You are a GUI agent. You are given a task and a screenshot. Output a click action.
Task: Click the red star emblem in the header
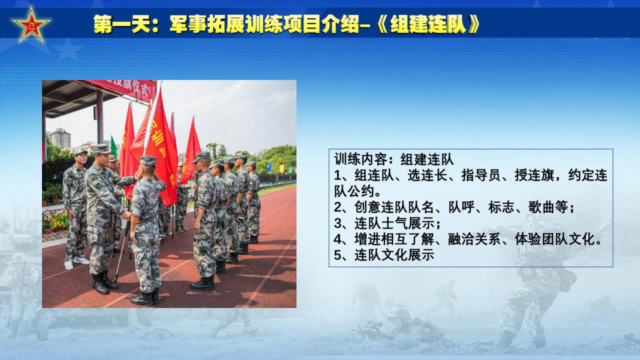coord(31,25)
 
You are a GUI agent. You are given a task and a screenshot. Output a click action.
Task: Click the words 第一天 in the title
coord(122,24)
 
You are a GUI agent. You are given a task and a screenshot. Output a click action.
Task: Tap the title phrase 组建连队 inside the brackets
coord(427,24)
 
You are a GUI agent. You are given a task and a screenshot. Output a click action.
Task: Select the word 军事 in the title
coord(188,24)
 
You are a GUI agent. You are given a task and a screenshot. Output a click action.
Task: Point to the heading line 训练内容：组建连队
coord(393,159)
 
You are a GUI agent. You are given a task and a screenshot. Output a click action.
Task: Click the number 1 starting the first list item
coord(337,175)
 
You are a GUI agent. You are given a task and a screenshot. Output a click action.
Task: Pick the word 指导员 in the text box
coord(481,175)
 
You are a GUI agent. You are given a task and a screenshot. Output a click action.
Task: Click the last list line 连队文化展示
coord(394,255)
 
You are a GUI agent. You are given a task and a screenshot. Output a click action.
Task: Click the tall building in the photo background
coord(60,138)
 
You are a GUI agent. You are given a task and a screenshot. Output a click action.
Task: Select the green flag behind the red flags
coord(113,147)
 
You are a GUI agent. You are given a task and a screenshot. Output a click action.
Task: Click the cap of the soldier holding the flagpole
coord(148,160)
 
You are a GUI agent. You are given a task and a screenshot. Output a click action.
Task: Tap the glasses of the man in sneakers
coord(82,155)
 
